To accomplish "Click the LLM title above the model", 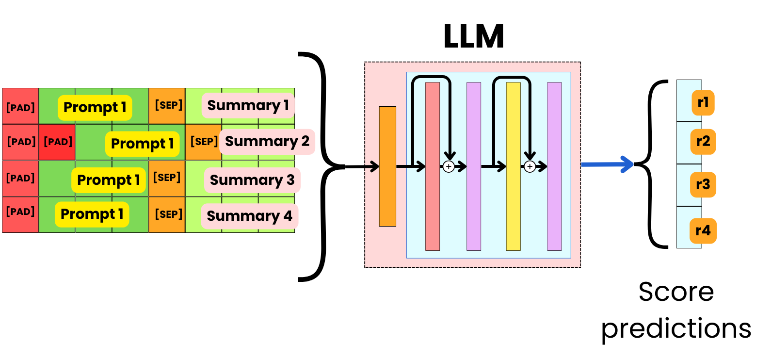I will click(x=474, y=36).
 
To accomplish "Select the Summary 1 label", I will click(x=248, y=105).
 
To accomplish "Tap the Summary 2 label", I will click(x=267, y=141).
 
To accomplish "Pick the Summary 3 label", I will click(x=252, y=180).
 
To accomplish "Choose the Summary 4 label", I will click(x=249, y=216).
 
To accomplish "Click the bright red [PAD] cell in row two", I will click(x=57, y=142).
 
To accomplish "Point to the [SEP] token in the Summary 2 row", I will click(x=204, y=142).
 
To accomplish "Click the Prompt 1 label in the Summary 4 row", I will click(x=92, y=214).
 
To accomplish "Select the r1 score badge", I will click(x=703, y=102).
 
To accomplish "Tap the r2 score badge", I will click(x=703, y=141).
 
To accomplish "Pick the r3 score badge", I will click(x=703, y=184).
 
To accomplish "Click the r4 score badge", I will click(x=703, y=230).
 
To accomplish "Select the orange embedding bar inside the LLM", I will click(x=387, y=166).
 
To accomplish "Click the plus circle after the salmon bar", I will click(x=449, y=167).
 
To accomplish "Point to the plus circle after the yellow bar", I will click(x=530, y=167).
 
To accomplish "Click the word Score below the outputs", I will click(x=676, y=292).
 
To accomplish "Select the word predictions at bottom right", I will click(x=676, y=329).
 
